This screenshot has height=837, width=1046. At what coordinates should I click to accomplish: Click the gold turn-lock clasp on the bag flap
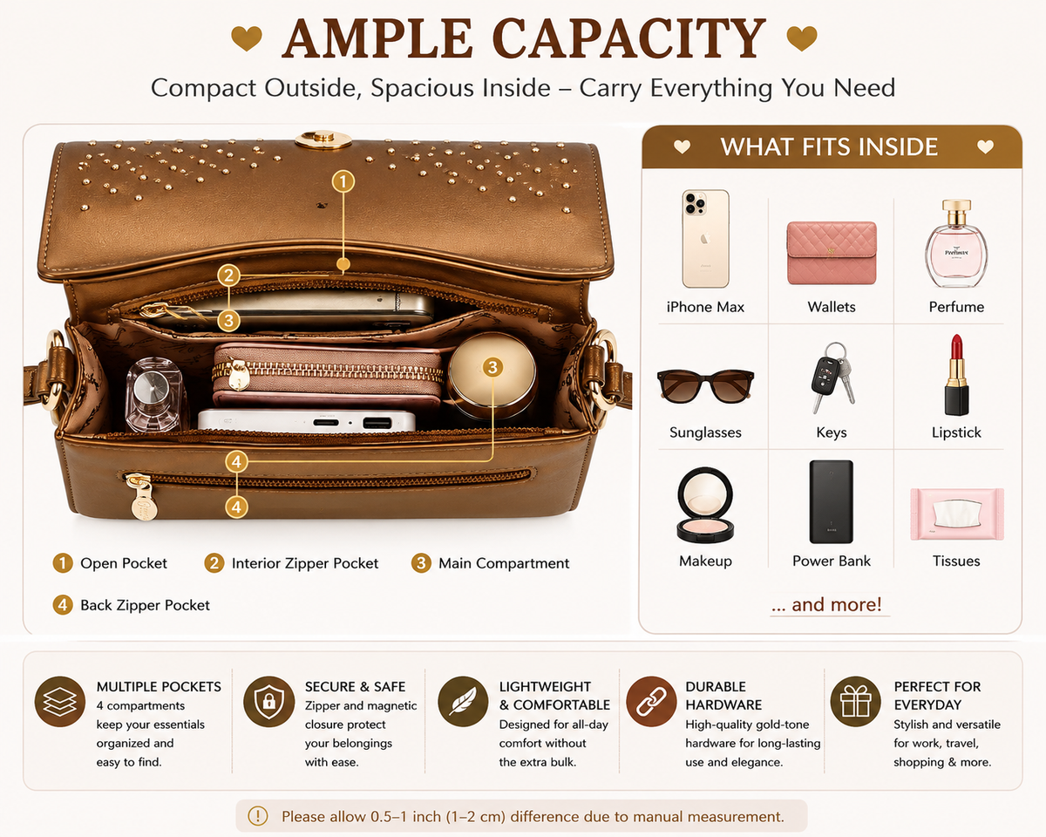coord(323,139)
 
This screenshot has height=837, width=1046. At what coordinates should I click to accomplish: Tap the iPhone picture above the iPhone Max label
coord(705,238)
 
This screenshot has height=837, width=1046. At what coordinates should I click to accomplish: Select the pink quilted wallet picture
coord(832,253)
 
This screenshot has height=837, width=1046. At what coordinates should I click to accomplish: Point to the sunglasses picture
coord(705,386)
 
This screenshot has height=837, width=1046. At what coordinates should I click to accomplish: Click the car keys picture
coord(832,378)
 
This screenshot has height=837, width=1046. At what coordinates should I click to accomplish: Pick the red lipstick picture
coord(956,375)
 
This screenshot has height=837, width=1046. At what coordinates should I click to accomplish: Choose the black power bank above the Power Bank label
coord(832,501)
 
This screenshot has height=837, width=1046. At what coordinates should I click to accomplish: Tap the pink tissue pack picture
coord(956,514)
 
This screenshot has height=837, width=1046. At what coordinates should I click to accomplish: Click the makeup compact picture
coord(705,505)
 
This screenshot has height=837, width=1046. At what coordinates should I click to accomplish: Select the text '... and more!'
coord(826,604)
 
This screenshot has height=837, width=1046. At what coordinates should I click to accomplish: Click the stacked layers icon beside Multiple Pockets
coord(60,702)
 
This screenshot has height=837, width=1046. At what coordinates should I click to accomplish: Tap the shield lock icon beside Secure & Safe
coord(268,702)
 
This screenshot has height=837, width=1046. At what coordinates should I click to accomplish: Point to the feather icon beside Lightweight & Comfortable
coord(463,702)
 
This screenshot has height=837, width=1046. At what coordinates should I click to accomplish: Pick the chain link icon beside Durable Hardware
coord(651,702)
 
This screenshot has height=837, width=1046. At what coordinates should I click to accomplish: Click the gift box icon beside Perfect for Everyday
coord(855,702)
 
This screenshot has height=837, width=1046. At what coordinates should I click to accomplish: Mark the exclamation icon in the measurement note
coord(258,815)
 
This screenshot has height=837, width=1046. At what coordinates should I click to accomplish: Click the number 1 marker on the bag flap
coord(343,181)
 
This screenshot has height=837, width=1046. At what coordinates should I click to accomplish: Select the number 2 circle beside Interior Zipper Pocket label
coord(214,563)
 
